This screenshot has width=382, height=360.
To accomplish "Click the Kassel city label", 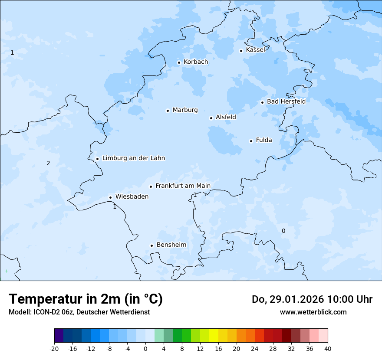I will pyautogui.click(x=255, y=50).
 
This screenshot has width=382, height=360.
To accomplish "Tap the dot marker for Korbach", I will pyautogui.click(x=179, y=62).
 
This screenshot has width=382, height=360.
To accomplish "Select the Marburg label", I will pyautogui.click(x=185, y=110).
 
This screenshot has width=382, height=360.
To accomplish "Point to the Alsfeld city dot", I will pyautogui.click(x=211, y=118).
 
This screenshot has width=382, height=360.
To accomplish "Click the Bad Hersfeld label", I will pyautogui.click(x=286, y=101).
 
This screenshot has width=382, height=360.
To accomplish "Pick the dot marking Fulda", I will pyautogui.click(x=251, y=141).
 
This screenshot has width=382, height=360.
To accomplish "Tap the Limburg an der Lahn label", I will pyautogui.click(x=133, y=158).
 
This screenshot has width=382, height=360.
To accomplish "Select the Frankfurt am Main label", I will pyautogui.click(x=183, y=186).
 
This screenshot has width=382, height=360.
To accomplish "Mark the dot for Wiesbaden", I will pyautogui.click(x=111, y=197).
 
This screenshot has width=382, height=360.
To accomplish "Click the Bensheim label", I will pyautogui.click(x=171, y=245).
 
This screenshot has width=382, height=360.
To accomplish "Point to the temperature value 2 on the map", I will pyautogui.click(x=48, y=164).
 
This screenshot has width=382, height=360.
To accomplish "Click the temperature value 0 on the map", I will pyautogui.click(x=283, y=231).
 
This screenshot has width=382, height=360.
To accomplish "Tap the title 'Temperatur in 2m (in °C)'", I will pyautogui.click(x=86, y=299).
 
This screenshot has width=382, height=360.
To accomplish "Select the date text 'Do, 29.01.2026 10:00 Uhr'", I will pyautogui.click(x=312, y=299).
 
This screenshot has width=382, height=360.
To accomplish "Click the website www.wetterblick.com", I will pyautogui.click(x=313, y=312).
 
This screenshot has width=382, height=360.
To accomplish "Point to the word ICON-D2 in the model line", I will pyautogui.click(x=46, y=312).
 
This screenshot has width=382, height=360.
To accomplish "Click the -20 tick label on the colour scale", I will pyautogui.click(x=54, y=348).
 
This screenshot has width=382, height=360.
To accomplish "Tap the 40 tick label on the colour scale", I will pyautogui.click(x=328, y=348).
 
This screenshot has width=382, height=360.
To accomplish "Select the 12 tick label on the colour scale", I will pyautogui.click(x=200, y=348).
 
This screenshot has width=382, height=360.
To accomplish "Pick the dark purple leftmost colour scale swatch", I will pyautogui.click(x=59, y=336).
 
